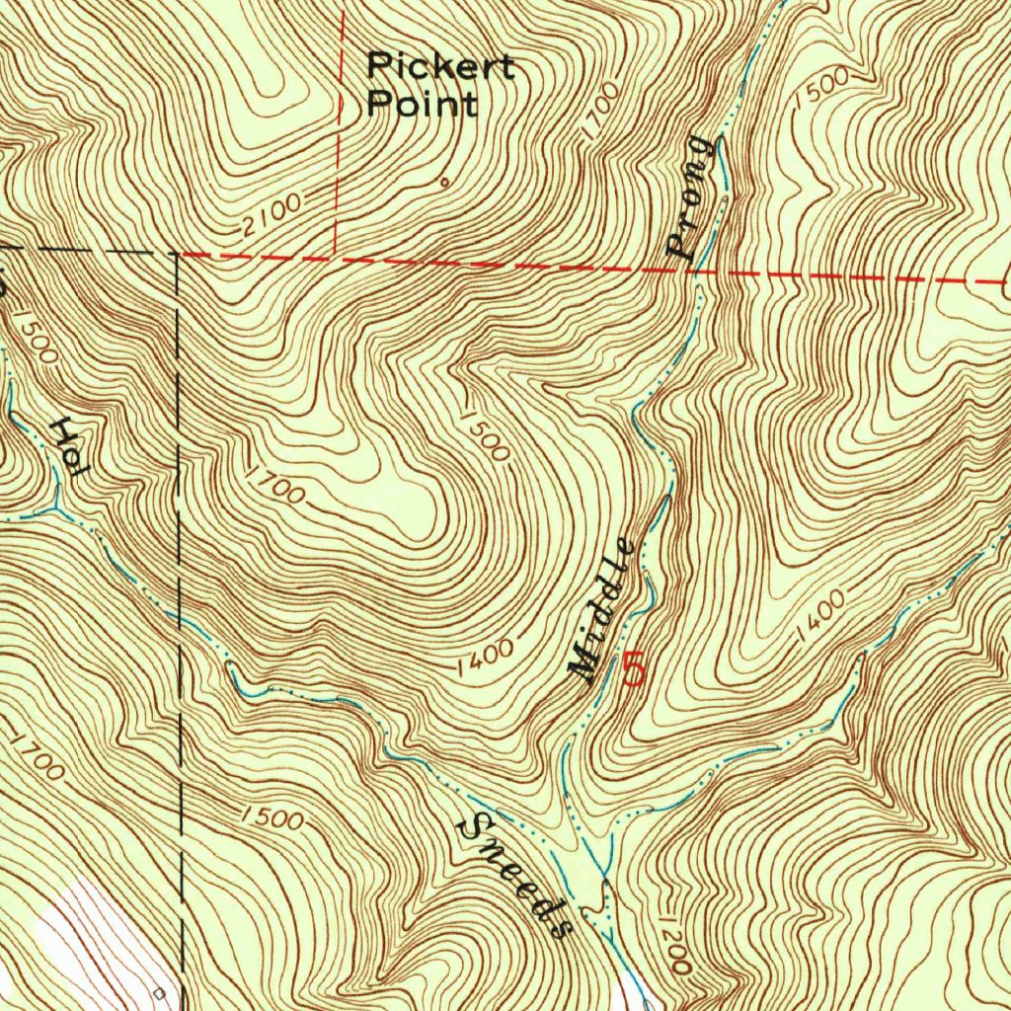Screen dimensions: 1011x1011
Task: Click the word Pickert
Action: click(x=440, y=67)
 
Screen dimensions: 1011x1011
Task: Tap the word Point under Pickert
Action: click(x=422, y=103)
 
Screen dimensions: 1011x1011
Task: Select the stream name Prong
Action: click(x=691, y=197)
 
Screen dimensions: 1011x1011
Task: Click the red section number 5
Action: click(x=634, y=671)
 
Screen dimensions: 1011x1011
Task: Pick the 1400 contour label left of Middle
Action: click(x=486, y=659)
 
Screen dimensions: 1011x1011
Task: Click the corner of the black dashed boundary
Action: click(x=178, y=254)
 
